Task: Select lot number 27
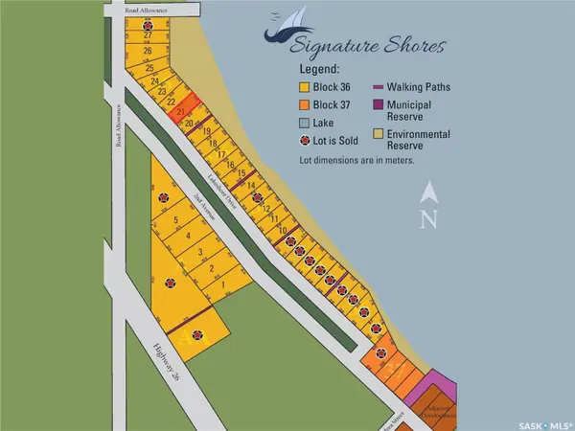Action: (x=148, y=34)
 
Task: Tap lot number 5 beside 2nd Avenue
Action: (x=177, y=220)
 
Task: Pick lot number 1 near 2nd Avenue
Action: (x=222, y=285)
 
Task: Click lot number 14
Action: (x=251, y=185)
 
